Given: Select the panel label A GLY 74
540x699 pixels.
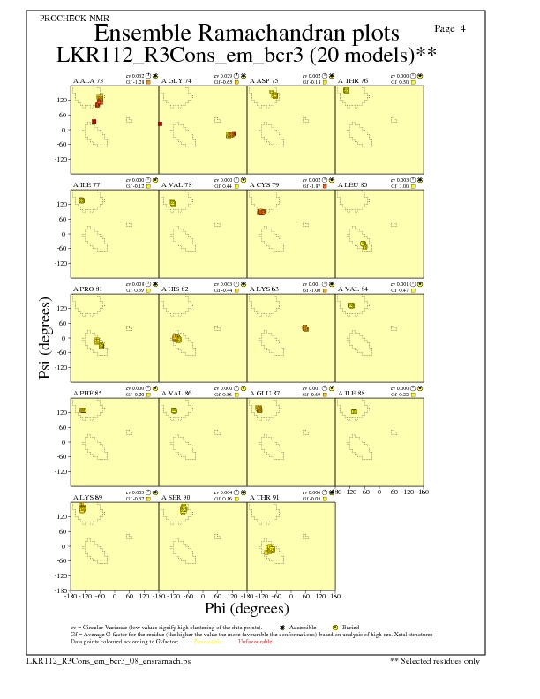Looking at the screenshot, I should (x=176, y=80).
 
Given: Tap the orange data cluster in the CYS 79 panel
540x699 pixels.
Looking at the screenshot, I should (x=261, y=212).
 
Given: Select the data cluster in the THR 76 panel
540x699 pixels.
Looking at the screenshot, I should (x=347, y=91).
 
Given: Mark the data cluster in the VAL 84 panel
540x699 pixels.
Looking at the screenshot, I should (x=351, y=305).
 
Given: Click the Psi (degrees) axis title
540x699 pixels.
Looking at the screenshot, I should (x=45, y=339).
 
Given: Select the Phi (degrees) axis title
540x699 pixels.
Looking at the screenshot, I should (x=246, y=609).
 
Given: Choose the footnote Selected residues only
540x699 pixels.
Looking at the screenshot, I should (x=440, y=660).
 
